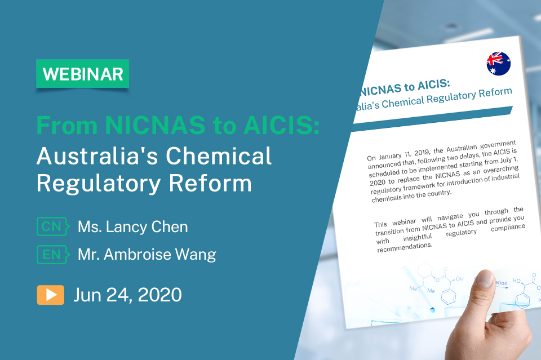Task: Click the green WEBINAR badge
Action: (82, 74)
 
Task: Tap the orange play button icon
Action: (51, 295)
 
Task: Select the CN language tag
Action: (51, 227)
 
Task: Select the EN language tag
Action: (51, 255)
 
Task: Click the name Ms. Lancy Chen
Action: (132, 227)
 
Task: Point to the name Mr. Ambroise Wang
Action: (147, 255)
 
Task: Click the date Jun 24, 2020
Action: (127, 295)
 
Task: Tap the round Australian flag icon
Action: (498, 63)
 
